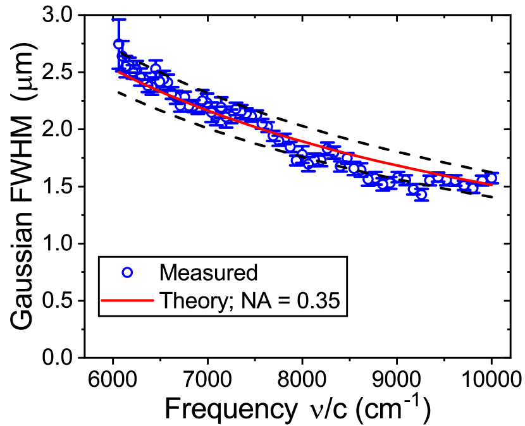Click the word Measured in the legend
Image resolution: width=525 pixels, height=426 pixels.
coord(208,272)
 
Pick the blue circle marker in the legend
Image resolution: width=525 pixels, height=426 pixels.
coord(127,272)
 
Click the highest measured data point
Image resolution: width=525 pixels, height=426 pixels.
coord(118,44)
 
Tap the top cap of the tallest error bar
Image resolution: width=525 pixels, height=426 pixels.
coord(118,20)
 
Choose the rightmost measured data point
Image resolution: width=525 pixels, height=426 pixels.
coord(491,178)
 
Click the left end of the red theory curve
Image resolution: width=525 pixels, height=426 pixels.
coord(119,71)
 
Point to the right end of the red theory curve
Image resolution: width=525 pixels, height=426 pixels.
coord(492,185)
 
